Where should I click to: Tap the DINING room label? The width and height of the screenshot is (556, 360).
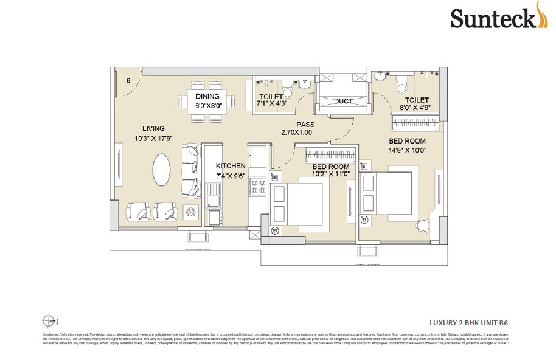tap(207, 97)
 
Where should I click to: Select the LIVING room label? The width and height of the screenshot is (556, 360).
tap(155, 128)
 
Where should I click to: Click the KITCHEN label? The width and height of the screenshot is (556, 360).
tap(231, 165)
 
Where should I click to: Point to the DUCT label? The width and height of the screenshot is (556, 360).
tap(343, 102)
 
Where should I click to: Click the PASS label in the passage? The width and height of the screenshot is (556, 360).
tap(296, 123)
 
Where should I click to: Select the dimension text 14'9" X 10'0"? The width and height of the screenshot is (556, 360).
tap(410, 150)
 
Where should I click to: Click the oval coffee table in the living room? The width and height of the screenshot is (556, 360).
tap(161, 170)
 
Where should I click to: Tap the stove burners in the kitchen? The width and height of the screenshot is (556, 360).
tap(257, 186)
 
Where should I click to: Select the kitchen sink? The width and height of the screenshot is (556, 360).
tap(215, 198)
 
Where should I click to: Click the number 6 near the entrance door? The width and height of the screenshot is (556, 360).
tap(129, 80)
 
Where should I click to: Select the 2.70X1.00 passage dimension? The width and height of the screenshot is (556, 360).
tap(296, 132)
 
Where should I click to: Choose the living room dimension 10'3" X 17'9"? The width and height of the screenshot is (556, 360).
tap(155, 138)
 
